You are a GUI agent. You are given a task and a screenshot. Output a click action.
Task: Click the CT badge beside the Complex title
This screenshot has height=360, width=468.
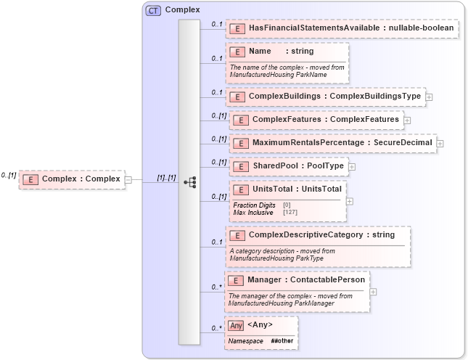coord(154,10)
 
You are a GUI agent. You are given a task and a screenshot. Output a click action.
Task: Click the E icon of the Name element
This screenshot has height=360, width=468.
coord(236,52)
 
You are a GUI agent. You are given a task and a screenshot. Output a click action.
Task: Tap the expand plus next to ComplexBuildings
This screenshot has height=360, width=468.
coord(429,97)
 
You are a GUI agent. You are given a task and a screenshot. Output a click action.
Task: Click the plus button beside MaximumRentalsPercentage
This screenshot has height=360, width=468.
coord(440,144)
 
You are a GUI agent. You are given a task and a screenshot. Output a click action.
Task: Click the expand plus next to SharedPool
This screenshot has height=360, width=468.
coord(352,167)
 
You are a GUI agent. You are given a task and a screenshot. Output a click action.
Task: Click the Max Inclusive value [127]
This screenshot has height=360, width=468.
coord(290,213)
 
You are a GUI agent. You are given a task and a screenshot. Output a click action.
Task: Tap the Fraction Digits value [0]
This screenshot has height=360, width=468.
coord(287,205)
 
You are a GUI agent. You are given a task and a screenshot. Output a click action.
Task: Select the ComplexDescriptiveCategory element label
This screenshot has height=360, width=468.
coord(321,235)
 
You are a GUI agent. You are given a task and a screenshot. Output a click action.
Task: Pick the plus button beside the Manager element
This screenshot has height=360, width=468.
coord(373,292)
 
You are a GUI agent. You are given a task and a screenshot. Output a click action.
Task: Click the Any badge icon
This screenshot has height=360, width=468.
coord(236,325)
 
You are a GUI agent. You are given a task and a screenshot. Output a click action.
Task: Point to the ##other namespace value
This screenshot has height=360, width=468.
coord(282,340)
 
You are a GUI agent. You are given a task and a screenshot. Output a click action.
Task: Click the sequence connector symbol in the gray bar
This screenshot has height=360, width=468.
coord(189,182)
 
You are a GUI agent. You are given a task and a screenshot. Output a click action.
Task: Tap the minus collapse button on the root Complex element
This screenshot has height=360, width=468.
coord(128,179)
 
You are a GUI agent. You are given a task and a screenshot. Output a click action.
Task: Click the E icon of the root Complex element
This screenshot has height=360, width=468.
coord(30,179)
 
